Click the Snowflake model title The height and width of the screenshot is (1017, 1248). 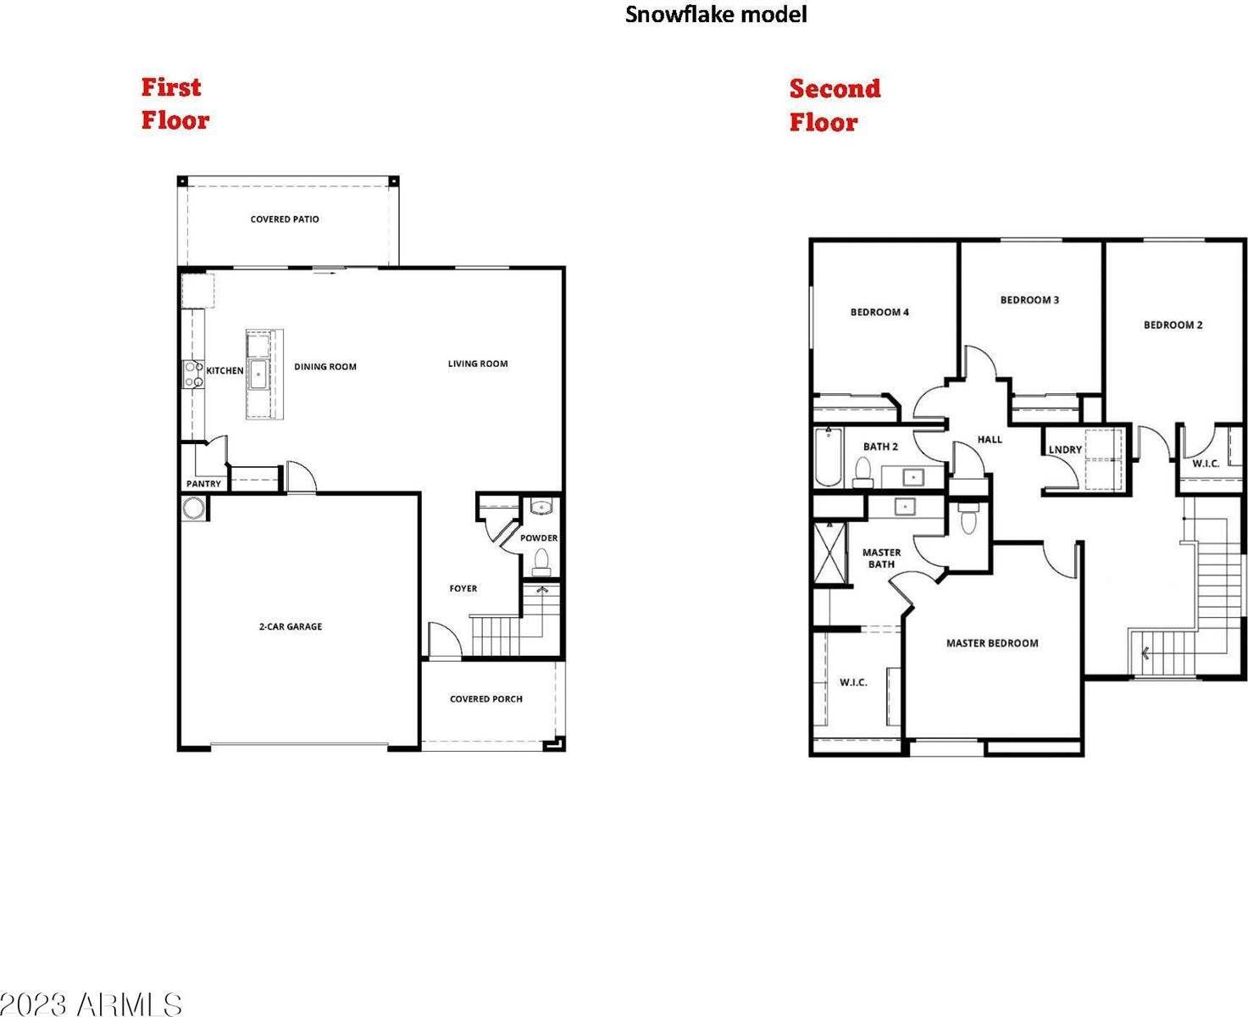pos(715,14)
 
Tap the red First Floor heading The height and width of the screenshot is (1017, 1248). pos(175,103)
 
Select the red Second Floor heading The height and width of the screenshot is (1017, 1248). pos(835,105)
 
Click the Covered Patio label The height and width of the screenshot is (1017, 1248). pos(285,220)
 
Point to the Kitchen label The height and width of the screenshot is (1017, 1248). pos(225,370)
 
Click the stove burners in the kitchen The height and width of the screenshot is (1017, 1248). pos(194,375)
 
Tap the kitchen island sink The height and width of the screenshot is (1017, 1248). pos(258,374)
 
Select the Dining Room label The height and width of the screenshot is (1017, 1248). pos(325,367)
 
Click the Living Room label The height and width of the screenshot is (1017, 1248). pos(478,364)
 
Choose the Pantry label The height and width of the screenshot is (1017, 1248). pos(204,484)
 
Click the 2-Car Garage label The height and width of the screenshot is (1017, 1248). pos(291,626)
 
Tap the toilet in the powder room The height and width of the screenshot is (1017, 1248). pos(541,562)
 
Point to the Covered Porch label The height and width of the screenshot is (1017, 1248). pos(485,698)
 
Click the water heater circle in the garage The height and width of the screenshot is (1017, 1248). pos(193,508)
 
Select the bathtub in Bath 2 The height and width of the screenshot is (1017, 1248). pos(828,458)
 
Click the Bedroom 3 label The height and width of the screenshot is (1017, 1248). pos(1029,300)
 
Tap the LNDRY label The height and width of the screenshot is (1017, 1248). pos(1065,449)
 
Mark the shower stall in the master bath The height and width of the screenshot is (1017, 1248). pos(831,554)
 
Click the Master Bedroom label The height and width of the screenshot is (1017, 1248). pos(992,643)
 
